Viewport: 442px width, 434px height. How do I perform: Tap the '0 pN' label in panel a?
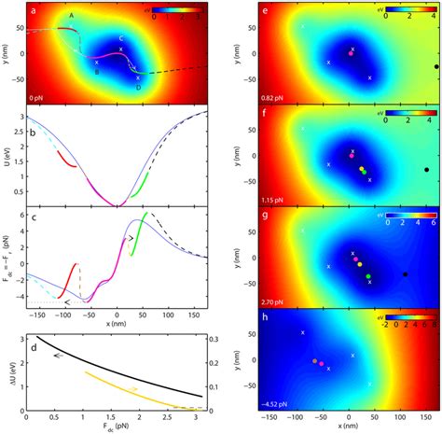pyautogui.click(x=40, y=97)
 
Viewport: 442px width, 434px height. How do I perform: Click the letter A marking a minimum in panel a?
pyautogui.click(x=72, y=17)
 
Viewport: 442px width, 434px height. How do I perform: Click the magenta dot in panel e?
pyautogui.click(x=351, y=53)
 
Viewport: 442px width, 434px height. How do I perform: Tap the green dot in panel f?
pyautogui.click(x=364, y=172)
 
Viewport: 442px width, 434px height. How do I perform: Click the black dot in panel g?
pyautogui.click(x=405, y=274)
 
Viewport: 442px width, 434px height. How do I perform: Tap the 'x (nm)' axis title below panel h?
pyautogui.click(x=350, y=428)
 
